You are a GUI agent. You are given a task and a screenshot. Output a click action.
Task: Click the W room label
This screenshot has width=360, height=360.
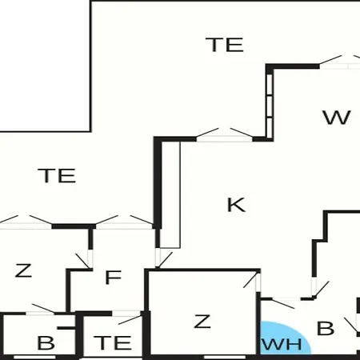337,118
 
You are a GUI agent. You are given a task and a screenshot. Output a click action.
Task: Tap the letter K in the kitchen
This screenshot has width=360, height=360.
236,205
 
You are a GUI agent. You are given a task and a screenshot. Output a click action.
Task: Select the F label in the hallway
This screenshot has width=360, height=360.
114,278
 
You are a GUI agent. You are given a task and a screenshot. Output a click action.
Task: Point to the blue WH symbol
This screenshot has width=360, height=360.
284,338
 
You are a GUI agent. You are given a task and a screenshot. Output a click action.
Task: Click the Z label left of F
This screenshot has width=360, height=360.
23,270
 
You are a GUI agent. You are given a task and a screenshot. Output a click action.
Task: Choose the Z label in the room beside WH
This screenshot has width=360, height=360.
202,322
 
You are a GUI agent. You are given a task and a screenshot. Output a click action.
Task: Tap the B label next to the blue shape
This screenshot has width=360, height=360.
326,328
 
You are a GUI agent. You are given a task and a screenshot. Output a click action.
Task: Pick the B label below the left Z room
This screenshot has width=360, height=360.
46,342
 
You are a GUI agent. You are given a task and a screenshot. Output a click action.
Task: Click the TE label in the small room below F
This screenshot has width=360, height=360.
113,342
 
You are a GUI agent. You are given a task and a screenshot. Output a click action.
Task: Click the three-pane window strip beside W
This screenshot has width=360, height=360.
270,106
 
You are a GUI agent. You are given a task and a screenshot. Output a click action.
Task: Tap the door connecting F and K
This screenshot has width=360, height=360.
164,258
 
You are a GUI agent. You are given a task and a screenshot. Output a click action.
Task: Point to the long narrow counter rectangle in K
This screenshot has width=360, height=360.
170,194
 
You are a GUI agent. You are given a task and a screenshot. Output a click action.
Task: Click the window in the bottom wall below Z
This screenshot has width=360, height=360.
225,357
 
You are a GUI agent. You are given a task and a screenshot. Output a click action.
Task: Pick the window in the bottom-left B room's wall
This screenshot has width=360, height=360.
34,357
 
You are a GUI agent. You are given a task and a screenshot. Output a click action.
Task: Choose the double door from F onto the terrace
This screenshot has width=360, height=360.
124,222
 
